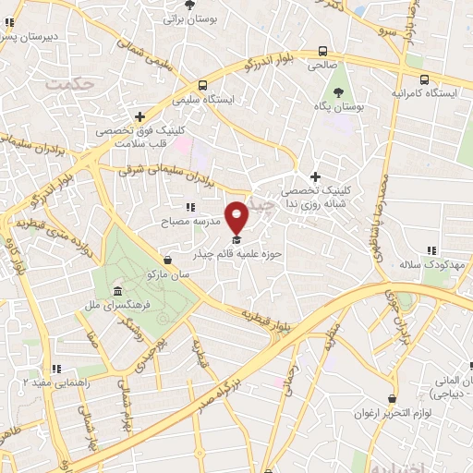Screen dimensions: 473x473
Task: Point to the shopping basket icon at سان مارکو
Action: [x=167, y=261]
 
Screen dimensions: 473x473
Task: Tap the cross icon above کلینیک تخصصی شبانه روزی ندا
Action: [x=315, y=176]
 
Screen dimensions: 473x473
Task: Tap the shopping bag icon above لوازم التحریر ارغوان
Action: [x=393, y=399]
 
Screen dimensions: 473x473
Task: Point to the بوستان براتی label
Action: [x=189, y=18]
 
